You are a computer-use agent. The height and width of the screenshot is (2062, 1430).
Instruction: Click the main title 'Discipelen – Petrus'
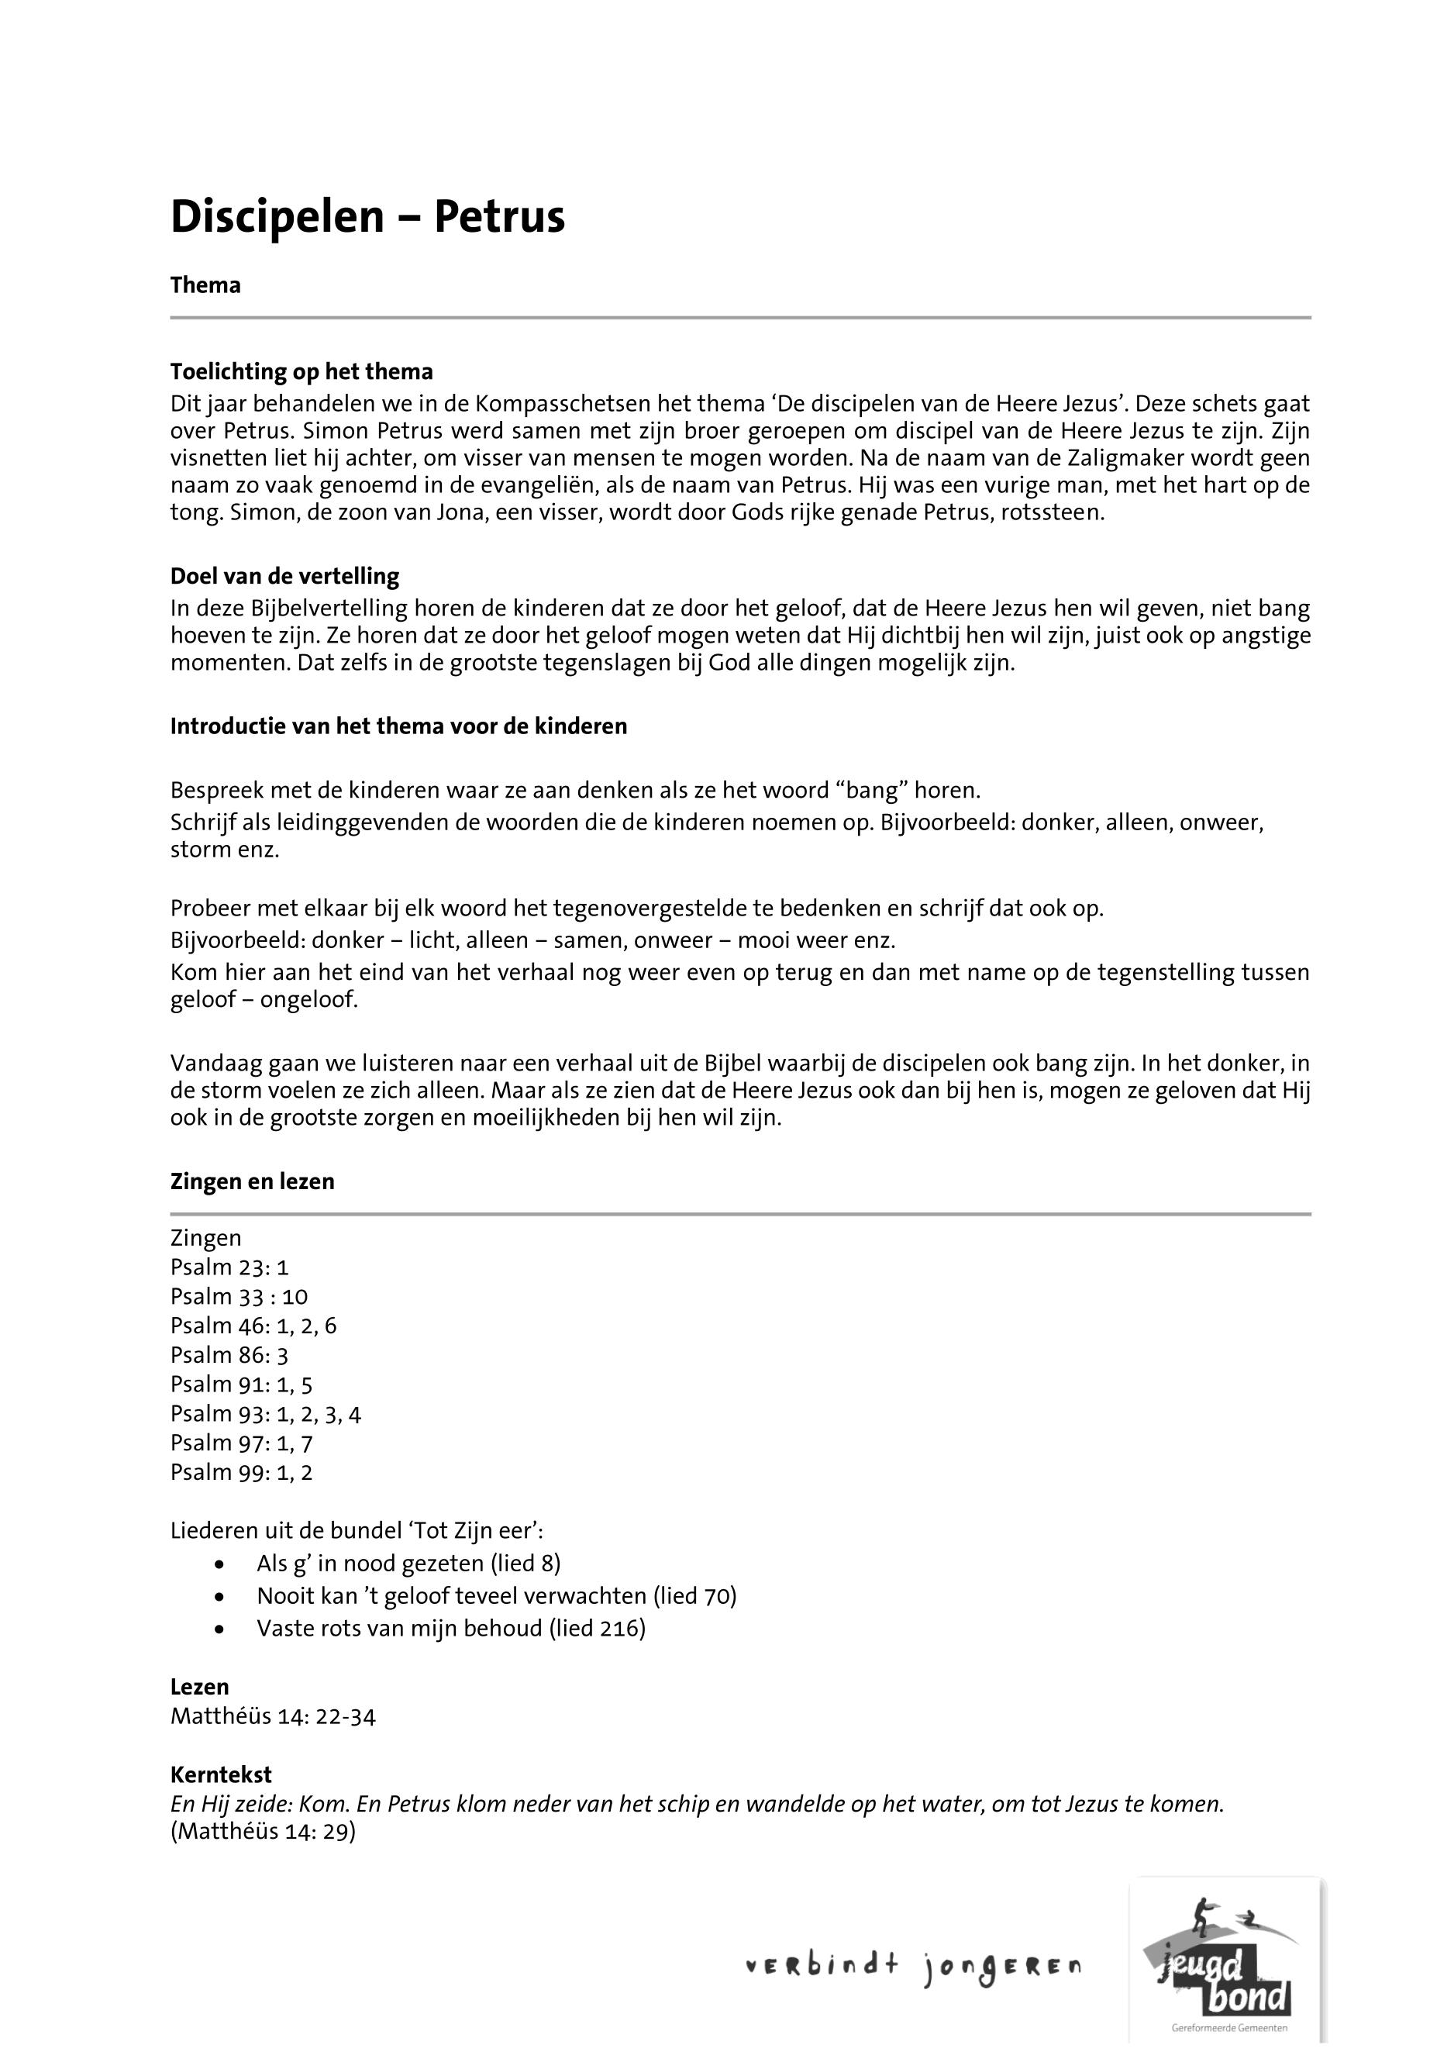[367, 218]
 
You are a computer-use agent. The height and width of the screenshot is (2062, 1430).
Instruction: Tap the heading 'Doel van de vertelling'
[285, 575]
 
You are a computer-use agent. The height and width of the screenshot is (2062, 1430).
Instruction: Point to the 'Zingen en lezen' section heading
[253, 1181]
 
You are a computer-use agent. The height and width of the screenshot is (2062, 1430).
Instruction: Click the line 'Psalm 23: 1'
[229, 1267]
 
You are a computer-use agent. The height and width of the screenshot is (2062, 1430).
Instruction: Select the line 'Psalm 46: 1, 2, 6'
[253, 1326]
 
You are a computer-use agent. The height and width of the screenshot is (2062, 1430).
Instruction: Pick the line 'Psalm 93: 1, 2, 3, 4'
[266, 1413]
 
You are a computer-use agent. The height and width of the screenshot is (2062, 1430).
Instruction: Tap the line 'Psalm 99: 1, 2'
[242, 1471]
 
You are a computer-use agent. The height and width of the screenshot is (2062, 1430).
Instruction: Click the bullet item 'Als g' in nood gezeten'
[408, 1563]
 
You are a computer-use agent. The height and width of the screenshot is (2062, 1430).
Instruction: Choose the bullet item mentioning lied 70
[496, 1595]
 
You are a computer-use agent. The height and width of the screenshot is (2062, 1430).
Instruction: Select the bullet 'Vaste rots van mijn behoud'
[450, 1627]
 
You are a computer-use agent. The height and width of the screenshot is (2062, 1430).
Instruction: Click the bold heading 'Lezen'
[200, 1687]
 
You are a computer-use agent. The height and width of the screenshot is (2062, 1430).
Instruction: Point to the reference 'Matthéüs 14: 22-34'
[274, 1716]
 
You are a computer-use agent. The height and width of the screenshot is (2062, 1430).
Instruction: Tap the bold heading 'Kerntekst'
[222, 1774]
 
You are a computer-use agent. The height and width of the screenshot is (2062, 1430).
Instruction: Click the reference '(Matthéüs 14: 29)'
[264, 1832]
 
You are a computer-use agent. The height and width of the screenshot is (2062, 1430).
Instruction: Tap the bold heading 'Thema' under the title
[205, 285]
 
